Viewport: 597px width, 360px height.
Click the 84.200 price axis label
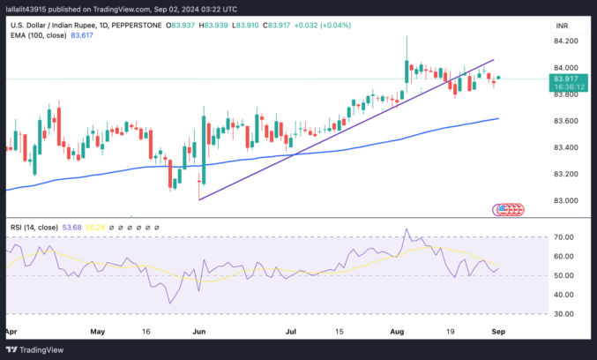coord(565,41)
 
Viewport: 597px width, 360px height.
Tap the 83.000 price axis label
coord(565,200)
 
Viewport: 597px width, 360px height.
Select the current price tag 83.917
coord(565,79)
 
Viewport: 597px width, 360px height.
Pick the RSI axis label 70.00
coord(563,237)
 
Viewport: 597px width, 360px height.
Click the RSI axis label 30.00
coord(563,314)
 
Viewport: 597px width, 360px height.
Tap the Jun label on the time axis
coord(198,333)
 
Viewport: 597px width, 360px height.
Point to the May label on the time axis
coord(98,333)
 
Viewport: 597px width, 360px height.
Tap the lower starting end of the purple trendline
coord(199,199)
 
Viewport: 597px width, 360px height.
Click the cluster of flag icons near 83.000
coord(510,210)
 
